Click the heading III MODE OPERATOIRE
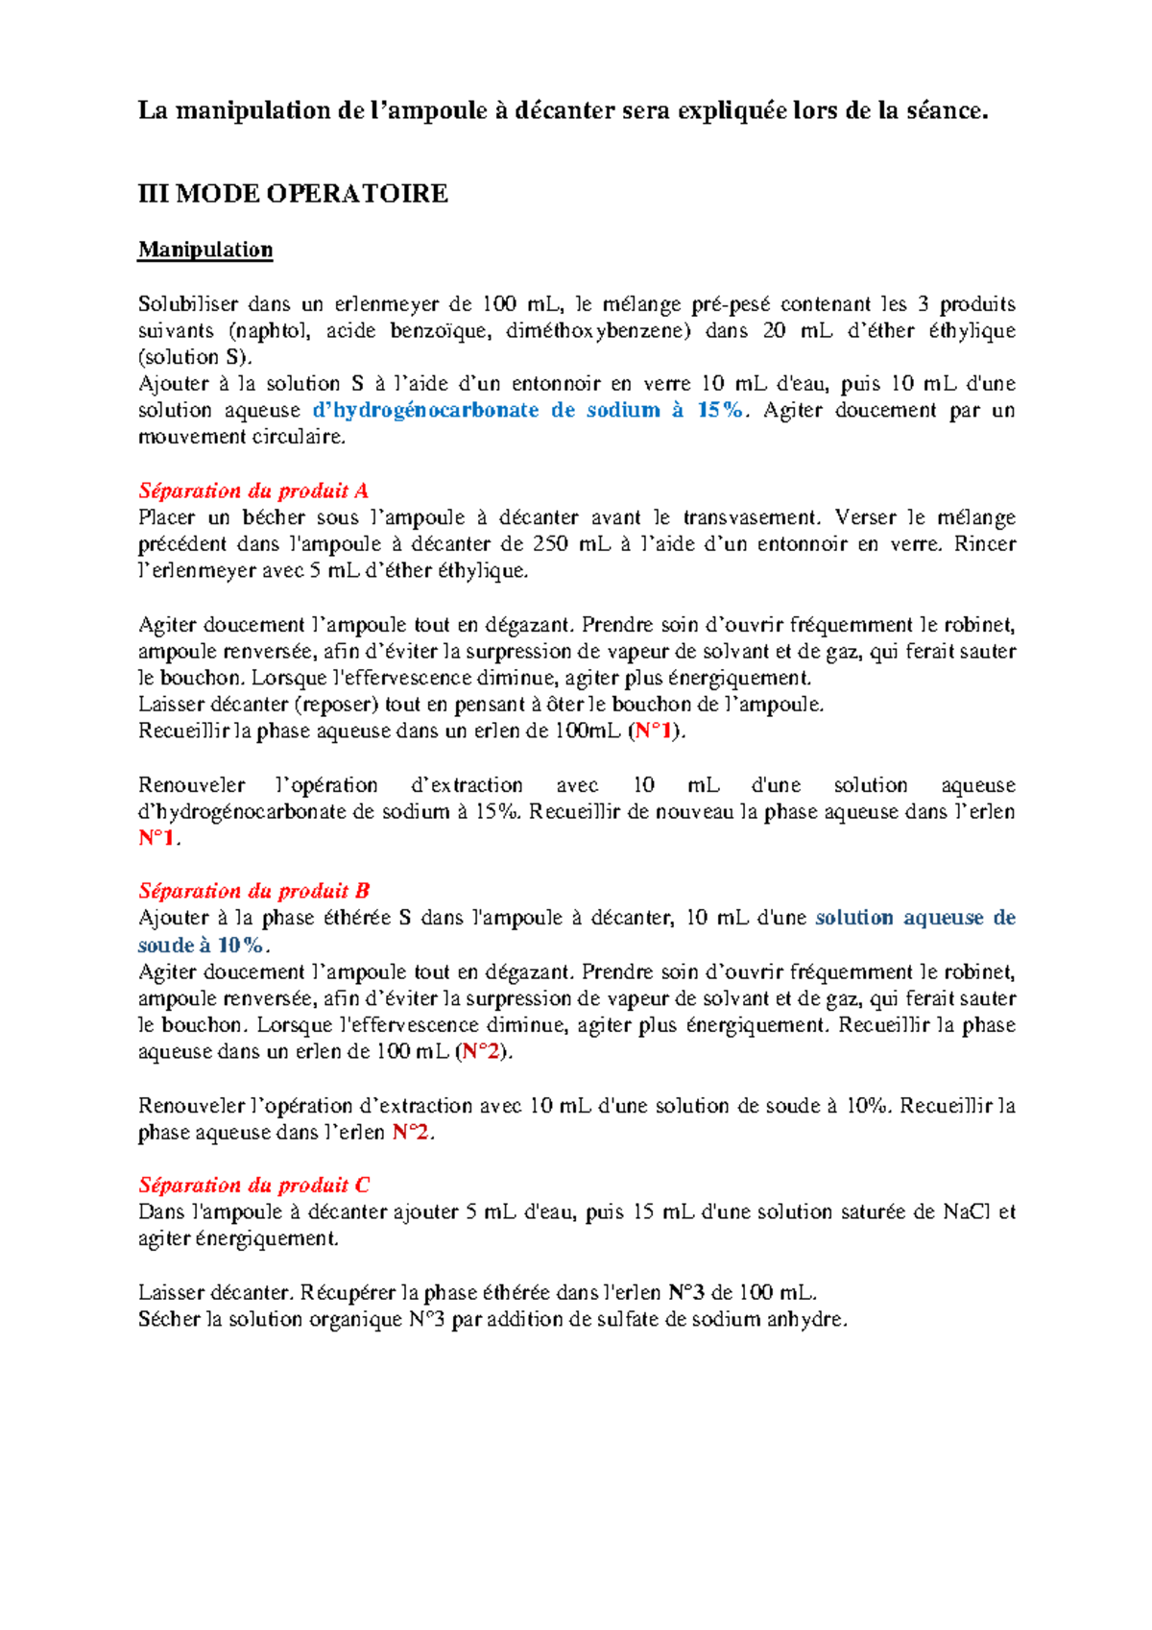[293, 194]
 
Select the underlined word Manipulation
[205, 250]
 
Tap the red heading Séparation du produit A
[253, 491]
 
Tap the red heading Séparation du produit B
[254, 891]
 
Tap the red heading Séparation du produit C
[254, 1185]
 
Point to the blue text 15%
[720, 410]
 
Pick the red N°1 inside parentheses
[656, 731]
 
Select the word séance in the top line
[945, 110]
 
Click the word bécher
[274, 517]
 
